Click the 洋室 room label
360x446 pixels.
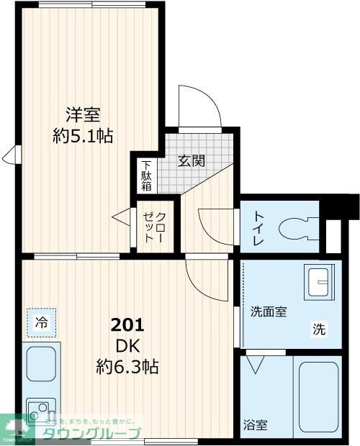(83, 114)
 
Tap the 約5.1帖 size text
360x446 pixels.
(83, 135)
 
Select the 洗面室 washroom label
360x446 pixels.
(269, 311)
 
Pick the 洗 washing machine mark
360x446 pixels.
(318, 329)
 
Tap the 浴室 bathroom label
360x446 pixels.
(255, 424)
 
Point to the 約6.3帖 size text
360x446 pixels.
(127, 367)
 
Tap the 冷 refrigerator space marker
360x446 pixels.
(42, 323)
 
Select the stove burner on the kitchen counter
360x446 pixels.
(37, 411)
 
